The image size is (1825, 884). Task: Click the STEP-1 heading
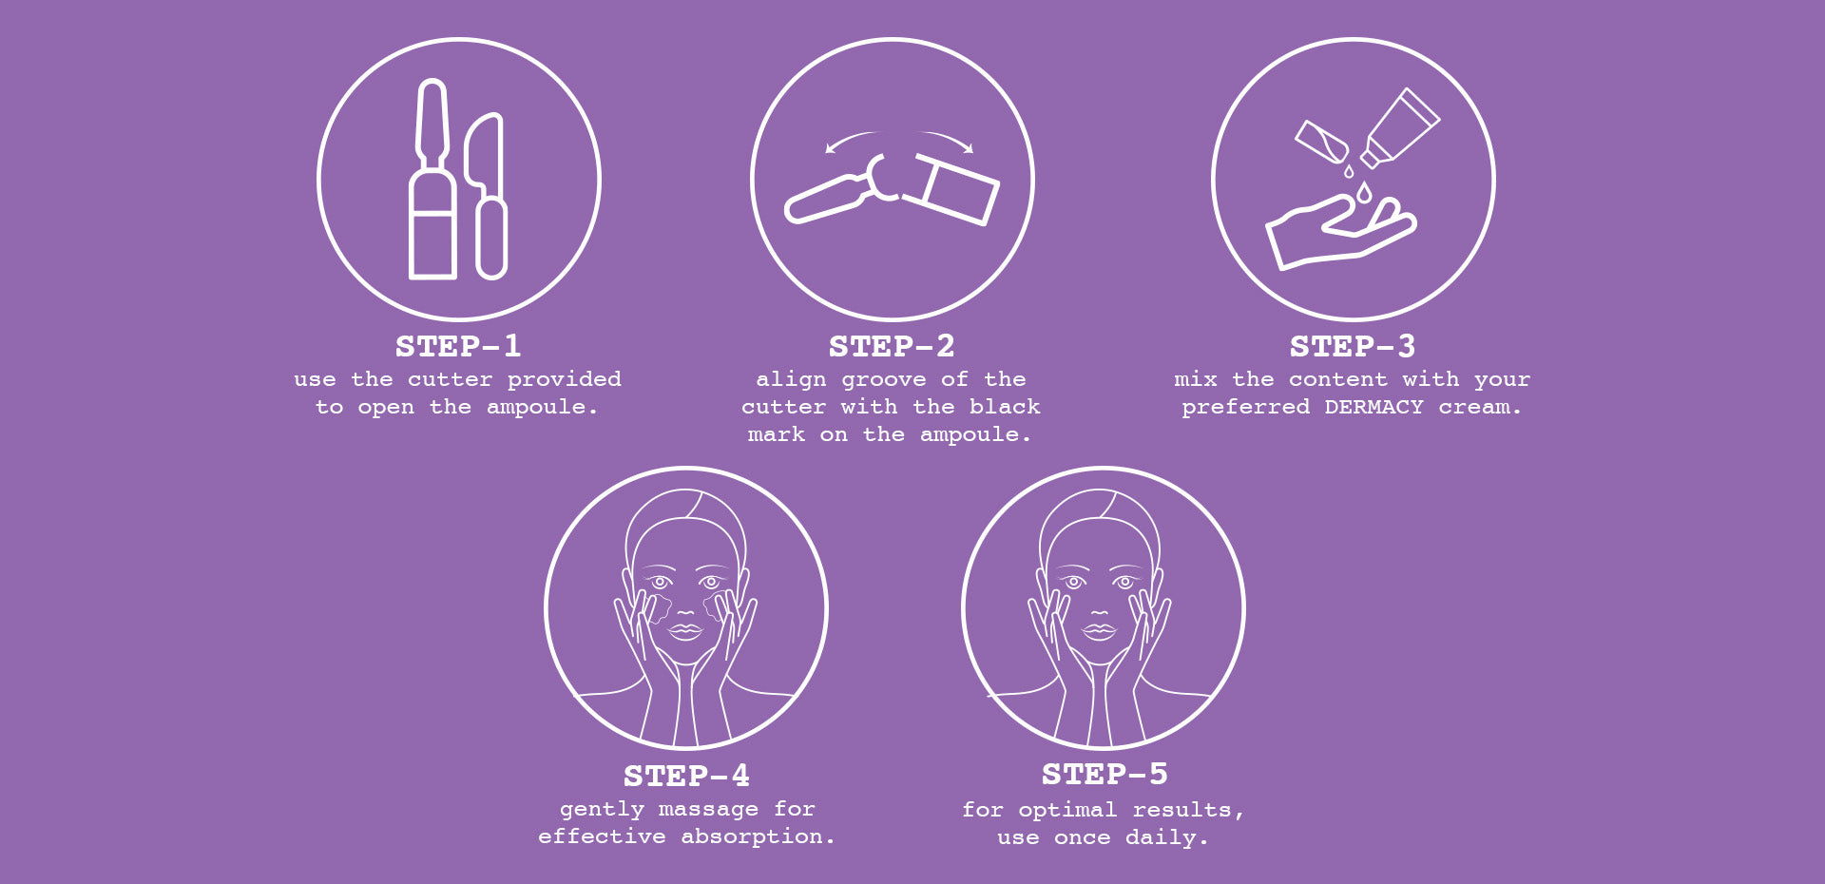[458, 346]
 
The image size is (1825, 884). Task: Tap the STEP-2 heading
[892, 346]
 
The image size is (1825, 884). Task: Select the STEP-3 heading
[1353, 346]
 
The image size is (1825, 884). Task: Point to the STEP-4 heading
[686, 776]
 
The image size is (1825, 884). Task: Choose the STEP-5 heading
[1105, 774]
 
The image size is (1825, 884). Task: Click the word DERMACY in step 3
[1374, 407]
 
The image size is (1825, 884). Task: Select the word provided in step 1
[565, 380]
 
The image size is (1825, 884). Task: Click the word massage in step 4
[708, 810]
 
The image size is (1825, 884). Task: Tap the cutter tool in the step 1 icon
[488, 196]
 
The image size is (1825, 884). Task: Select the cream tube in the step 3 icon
[1399, 128]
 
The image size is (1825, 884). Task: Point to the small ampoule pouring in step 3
[1322, 141]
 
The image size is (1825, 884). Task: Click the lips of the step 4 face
[685, 629]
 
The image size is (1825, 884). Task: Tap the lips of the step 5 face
[1100, 629]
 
